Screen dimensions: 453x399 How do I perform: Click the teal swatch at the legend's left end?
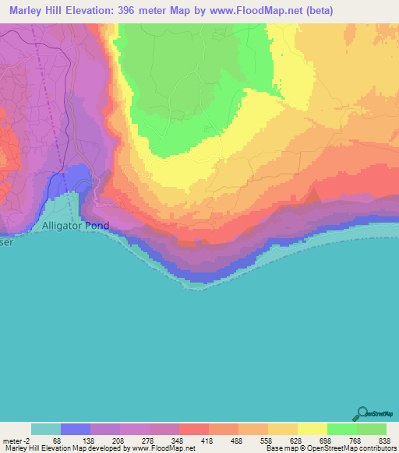[46, 429]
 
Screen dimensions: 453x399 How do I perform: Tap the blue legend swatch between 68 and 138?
[76, 429]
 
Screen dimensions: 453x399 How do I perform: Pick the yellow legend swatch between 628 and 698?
[312, 429]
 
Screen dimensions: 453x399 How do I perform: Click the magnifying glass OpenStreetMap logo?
[362, 414]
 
